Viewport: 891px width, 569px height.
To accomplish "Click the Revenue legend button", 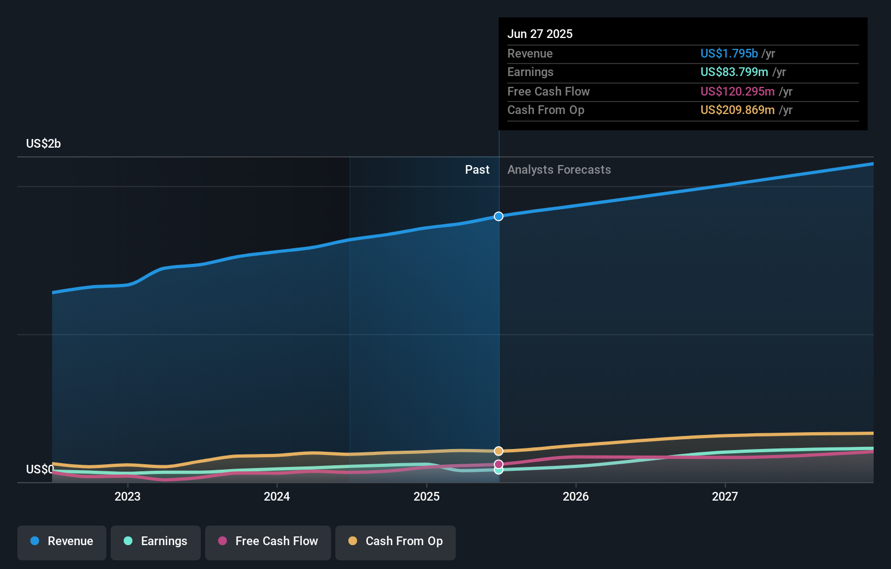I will [62, 541].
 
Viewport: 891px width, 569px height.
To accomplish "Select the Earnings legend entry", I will [156, 541].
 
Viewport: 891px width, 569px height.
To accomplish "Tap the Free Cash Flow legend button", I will [268, 541].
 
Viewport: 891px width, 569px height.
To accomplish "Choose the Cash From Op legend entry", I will [396, 541].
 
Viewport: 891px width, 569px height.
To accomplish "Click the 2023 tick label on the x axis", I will [128, 496].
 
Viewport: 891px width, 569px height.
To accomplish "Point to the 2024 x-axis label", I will [277, 496].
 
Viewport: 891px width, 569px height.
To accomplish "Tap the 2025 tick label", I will [427, 496].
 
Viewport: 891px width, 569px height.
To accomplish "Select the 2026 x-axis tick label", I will [576, 496].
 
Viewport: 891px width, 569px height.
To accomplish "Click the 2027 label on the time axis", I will [725, 496].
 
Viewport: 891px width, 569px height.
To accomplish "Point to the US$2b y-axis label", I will [43, 144].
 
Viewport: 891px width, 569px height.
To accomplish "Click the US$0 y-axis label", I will [40, 469].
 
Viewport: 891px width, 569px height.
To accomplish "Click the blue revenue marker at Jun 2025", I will [499, 216].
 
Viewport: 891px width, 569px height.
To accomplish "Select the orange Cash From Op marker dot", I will [499, 451].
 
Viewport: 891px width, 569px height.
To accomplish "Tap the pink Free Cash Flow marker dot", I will [499, 464].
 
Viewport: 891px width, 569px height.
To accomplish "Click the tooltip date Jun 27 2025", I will [540, 34].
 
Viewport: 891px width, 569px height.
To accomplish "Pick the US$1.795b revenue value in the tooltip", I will [729, 53].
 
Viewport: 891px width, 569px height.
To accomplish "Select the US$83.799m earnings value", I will [734, 72].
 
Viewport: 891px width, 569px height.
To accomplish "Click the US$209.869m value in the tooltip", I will [737, 110].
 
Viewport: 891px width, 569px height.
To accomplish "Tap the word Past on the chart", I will [477, 170].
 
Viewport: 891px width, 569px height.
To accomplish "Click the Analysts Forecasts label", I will [559, 170].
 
